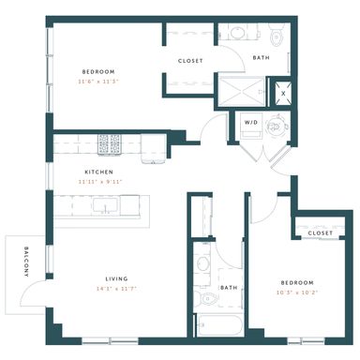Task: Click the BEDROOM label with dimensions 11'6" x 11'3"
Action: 97,71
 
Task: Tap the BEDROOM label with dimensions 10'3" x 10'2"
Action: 296,281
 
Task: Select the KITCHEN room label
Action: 98,172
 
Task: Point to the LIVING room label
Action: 117,277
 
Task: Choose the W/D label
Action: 251,123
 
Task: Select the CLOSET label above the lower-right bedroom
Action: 320,232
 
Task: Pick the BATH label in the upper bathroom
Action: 262,58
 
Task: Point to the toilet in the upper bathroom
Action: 276,37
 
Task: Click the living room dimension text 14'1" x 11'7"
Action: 117,289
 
